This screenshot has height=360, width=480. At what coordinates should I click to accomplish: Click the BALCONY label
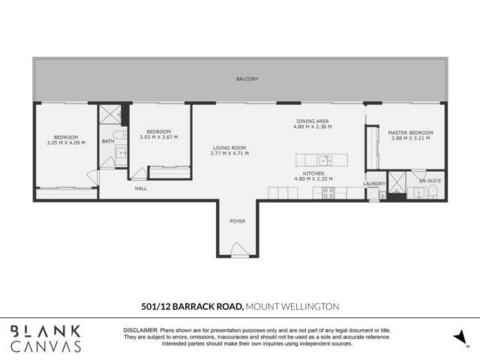(247, 79)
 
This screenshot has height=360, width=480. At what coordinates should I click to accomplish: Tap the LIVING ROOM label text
(229, 148)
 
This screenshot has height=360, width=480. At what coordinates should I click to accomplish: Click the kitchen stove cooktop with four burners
(328, 192)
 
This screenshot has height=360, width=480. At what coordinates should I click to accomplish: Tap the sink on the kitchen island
(325, 160)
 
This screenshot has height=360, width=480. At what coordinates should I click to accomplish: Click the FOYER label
(237, 221)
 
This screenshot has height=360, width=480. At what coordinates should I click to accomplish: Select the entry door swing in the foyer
(238, 250)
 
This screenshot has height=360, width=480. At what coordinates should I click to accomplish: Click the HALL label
(140, 188)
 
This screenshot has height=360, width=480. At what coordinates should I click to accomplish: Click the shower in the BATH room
(109, 115)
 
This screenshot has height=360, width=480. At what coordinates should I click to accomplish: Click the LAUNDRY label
(374, 183)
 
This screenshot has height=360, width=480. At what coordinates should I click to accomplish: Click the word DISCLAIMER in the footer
(140, 330)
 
